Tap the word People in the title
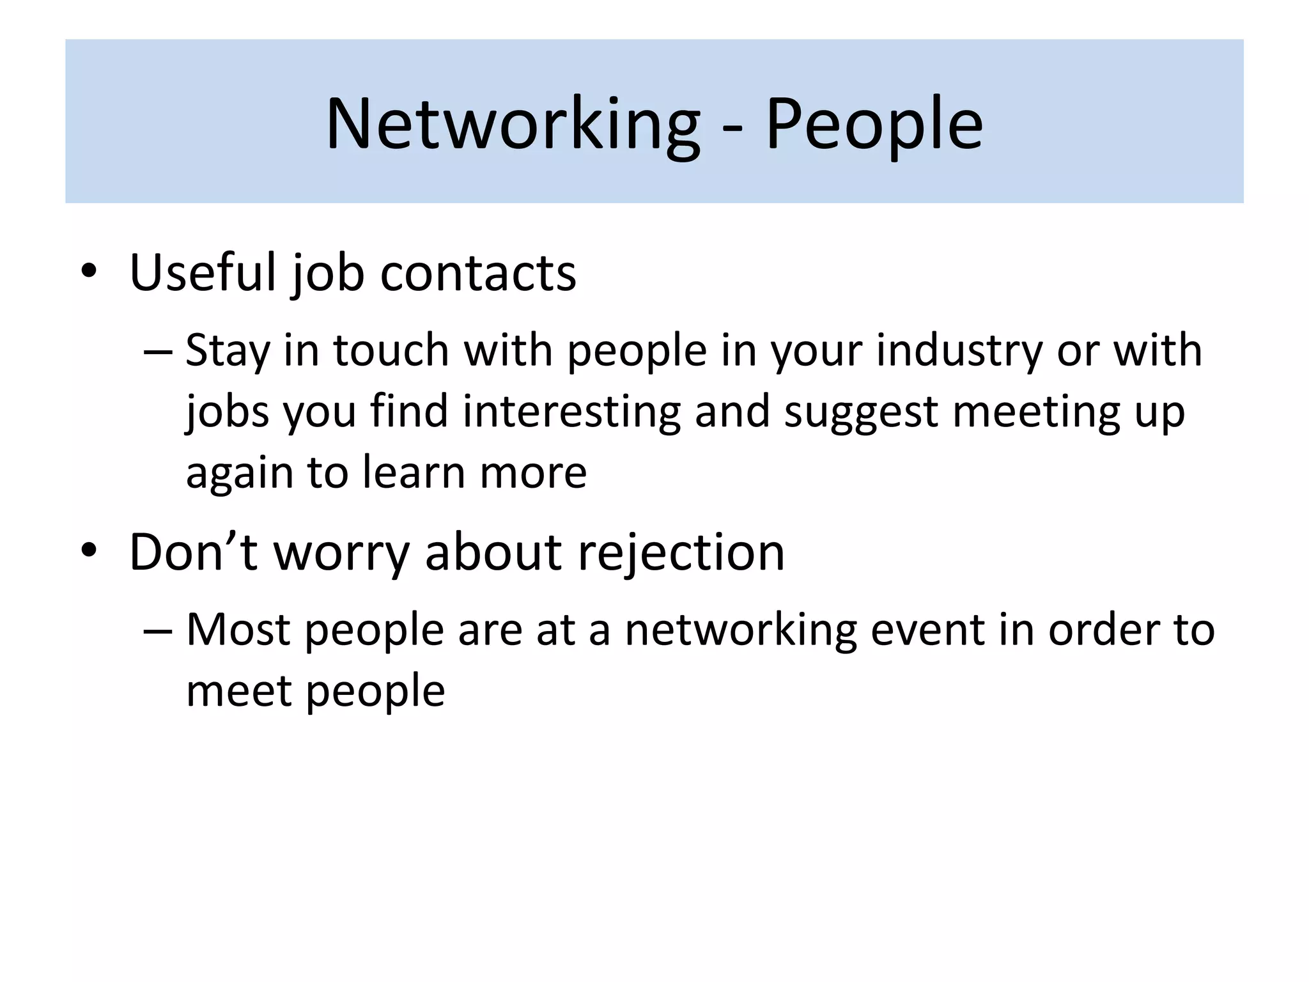click(874, 124)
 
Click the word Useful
click(202, 274)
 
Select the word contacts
click(478, 274)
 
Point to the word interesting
click(571, 412)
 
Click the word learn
click(414, 472)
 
